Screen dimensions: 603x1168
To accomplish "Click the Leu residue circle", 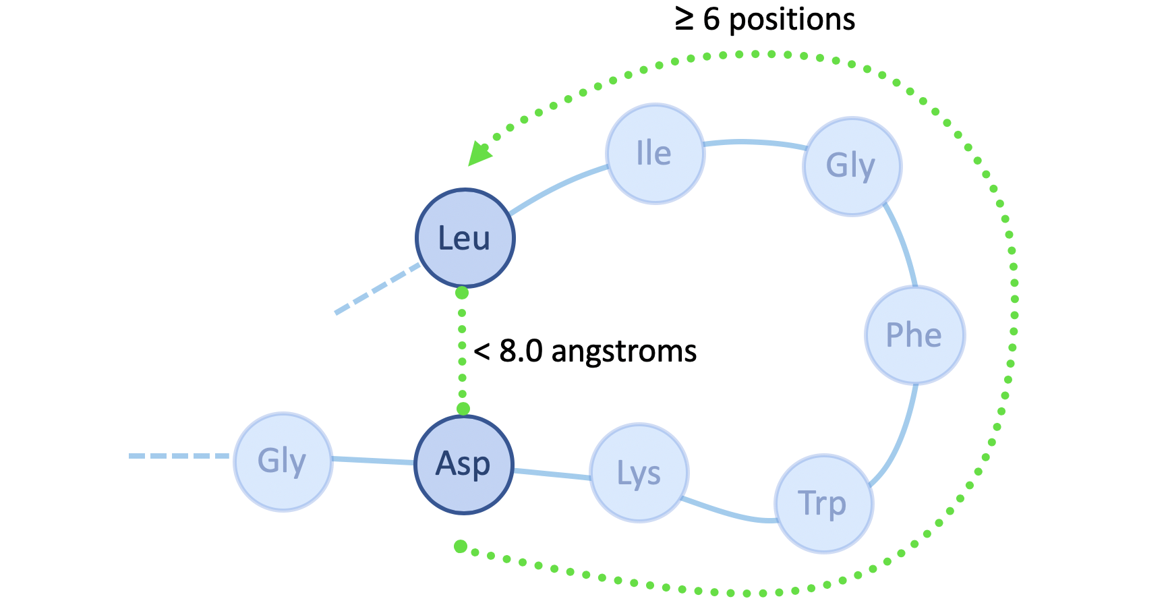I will point(465,238).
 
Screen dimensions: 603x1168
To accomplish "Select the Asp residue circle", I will point(463,465).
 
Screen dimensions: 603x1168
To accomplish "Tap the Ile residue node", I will point(655,154).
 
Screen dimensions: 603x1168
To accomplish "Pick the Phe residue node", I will point(914,335).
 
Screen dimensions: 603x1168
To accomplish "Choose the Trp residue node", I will point(823,503).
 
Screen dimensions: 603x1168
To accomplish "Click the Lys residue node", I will point(639,473).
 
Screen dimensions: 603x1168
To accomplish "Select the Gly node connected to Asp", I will point(283,462).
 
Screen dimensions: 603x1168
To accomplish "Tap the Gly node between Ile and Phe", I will point(852,166).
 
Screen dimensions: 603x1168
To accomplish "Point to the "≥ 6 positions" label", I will point(765,19).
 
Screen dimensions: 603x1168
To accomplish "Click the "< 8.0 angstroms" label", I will point(585,351).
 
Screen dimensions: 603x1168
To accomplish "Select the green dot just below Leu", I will point(462,293).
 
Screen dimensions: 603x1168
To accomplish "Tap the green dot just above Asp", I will point(463,409).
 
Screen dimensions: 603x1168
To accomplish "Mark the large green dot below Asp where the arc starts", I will point(461,546).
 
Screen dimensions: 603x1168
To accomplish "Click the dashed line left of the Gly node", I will point(179,457).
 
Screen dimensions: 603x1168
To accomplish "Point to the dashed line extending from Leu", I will point(376,289).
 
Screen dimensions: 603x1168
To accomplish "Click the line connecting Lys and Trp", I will point(728,514).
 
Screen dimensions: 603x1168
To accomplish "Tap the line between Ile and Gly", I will point(755,142).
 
